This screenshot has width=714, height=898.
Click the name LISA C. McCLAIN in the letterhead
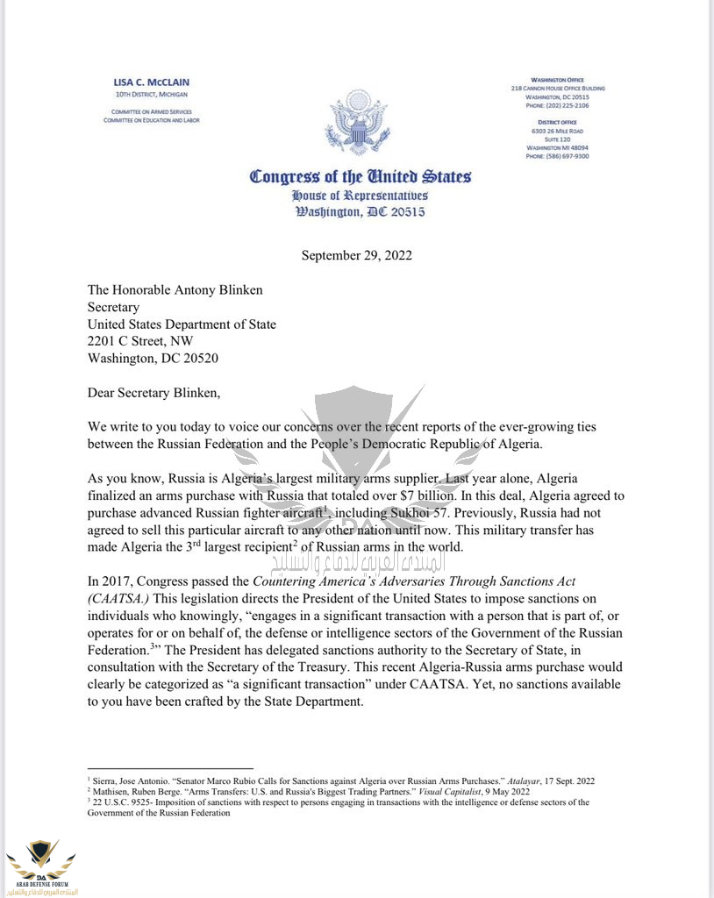pos(150,82)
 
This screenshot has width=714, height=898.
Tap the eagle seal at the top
pos(356,122)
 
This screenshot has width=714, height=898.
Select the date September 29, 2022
pos(357,255)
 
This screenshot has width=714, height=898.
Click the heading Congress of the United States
pos(360,176)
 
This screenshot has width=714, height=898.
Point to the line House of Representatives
pos(360,195)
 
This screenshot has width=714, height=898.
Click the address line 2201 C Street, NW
pos(140,341)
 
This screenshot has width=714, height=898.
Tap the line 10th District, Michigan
pos(150,94)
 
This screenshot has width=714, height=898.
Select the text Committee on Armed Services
pos(150,111)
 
